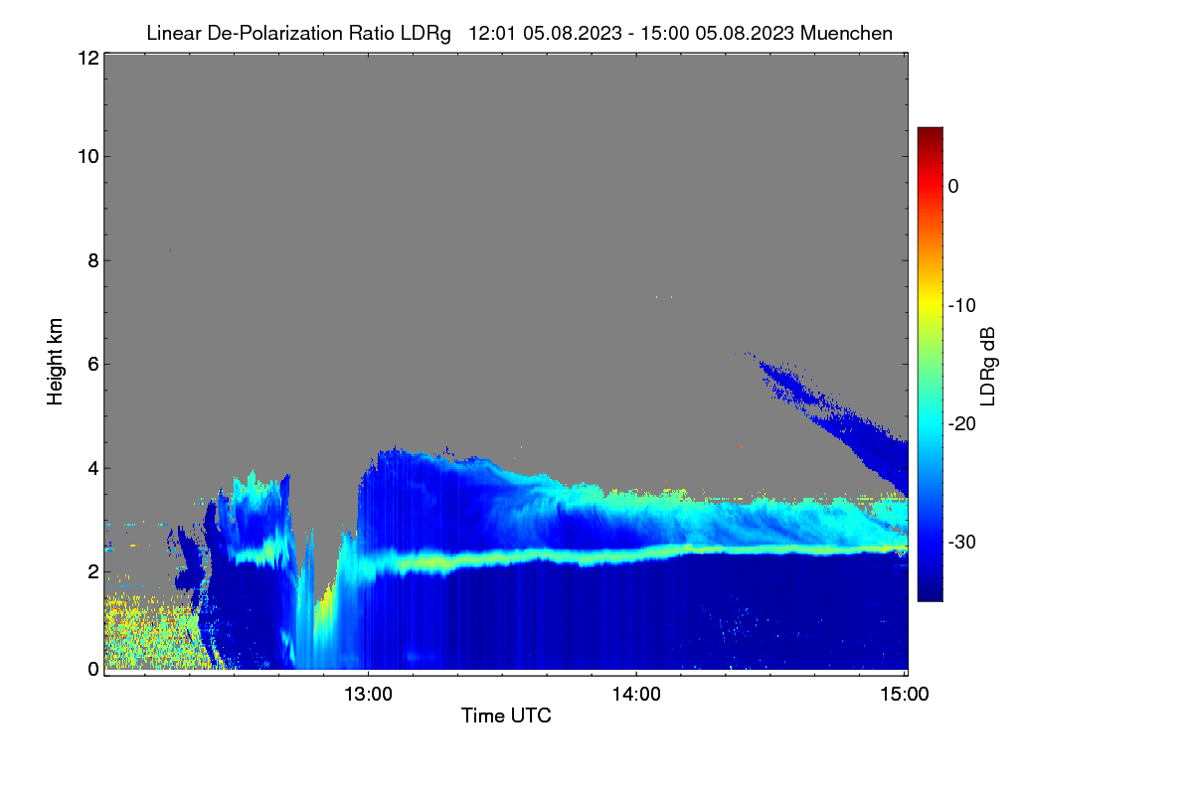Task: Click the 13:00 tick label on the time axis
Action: [x=368, y=694]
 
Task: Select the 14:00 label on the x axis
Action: [x=636, y=694]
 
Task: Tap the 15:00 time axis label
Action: [x=904, y=694]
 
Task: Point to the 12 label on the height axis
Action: [x=88, y=58]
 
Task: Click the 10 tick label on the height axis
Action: [x=88, y=157]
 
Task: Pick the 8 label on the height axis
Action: [x=93, y=260]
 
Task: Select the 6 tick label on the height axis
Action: [x=93, y=365]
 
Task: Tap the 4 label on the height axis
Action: [x=93, y=469]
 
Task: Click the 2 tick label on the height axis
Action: [x=93, y=572]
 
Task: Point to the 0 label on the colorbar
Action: [x=953, y=187]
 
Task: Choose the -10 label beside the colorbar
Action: [x=962, y=306]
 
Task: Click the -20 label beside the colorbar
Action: [x=962, y=424]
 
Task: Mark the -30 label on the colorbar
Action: [x=962, y=542]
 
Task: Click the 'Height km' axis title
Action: [x=55, y=362]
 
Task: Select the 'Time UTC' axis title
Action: [x=506, y=715]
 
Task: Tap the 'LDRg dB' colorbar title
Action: [x=987, y=367]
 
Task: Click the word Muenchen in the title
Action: [x=846, y=33]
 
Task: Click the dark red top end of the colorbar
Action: [x=930, y=129]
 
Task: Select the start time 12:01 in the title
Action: [x=492, y=33]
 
